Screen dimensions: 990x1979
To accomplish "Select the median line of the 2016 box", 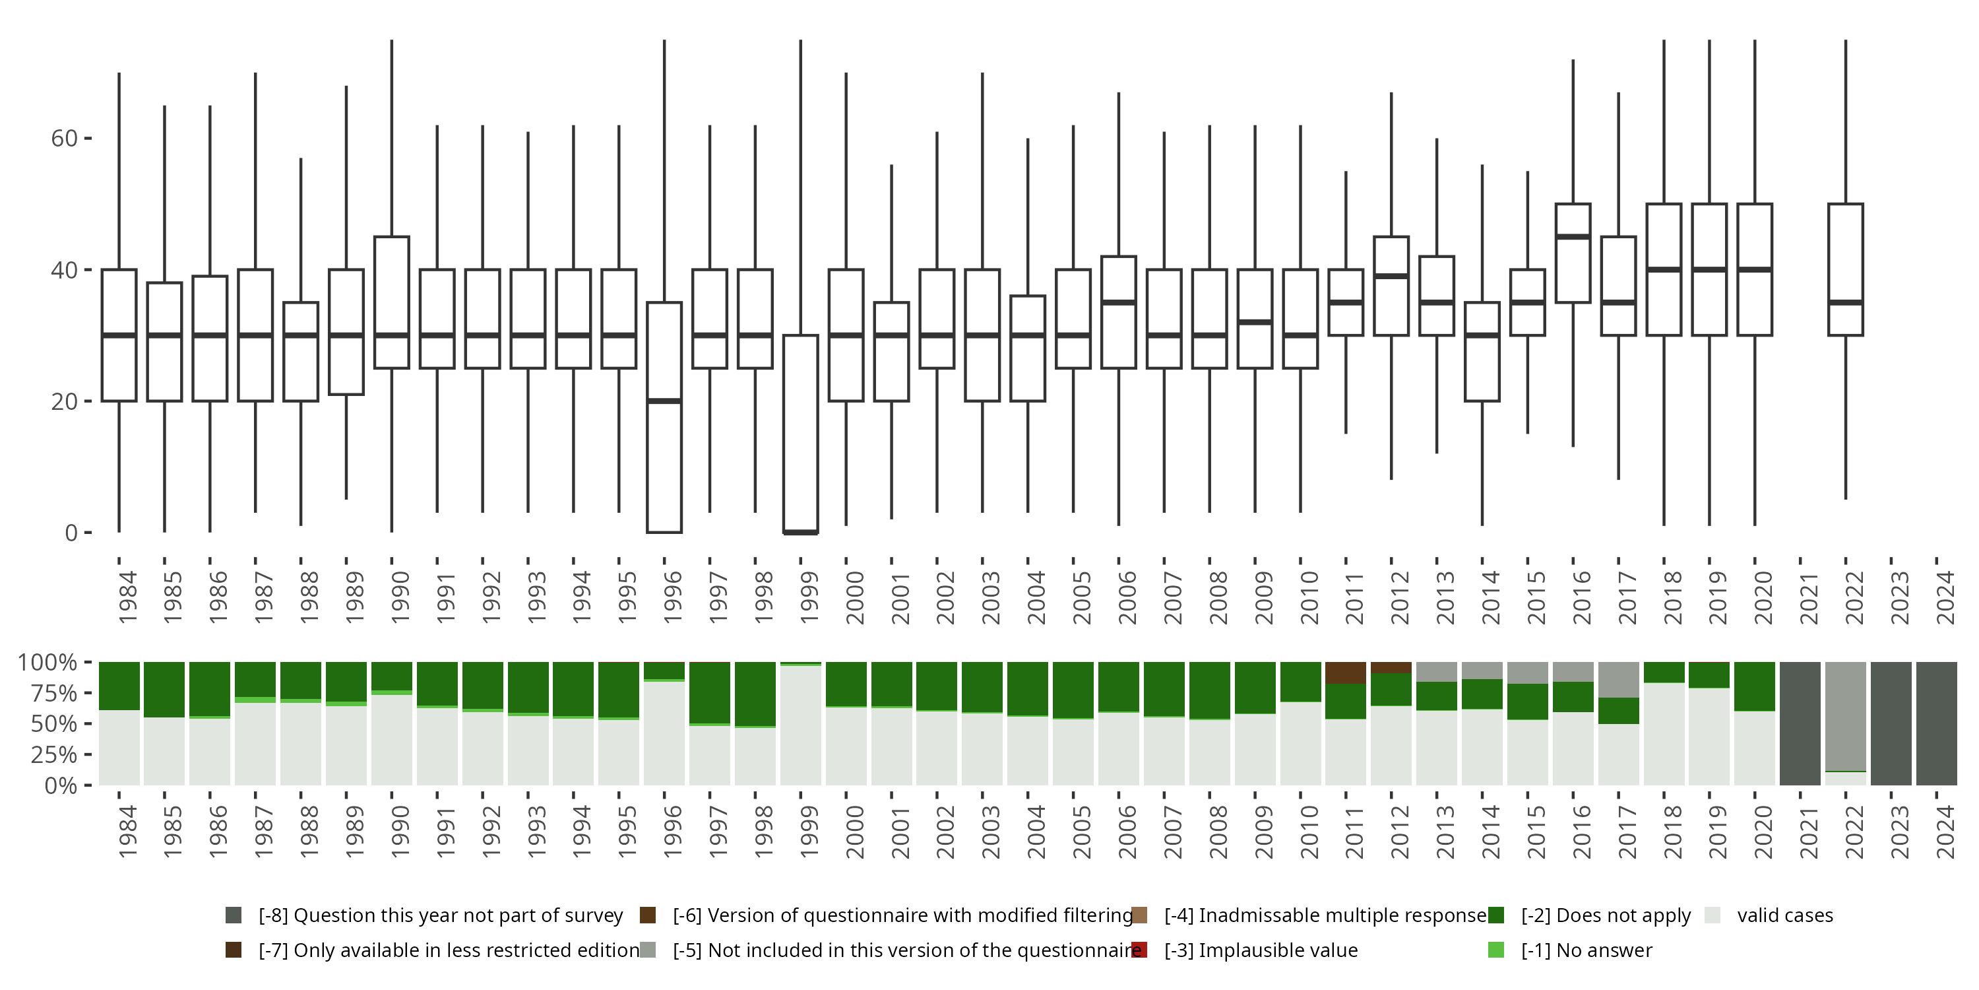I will pyautogui.click(x=1573, y=237).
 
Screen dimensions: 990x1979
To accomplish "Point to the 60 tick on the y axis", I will pyautogui.click(x=65, y=139).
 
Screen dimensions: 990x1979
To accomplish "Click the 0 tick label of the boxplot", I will pyautogui.click(x=71, y=533).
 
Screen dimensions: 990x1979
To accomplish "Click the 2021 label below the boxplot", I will pyautogui.click(x=1809, y=598).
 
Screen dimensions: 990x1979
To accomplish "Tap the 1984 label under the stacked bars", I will pyautogui.click(x=127, y=832).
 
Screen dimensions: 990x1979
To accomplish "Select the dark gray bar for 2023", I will pyautogui.click(x=1891, y=723).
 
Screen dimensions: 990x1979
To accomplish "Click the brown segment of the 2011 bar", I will pyautogui.click(x=1345, y=673).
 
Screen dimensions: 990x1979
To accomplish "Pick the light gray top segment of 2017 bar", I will pyautogui.click(x=1619, y=680).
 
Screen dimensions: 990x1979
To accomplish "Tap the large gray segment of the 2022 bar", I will pyautogui.click(x=1845, y=715).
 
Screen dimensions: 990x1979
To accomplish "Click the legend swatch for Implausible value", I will pyautogui.click(x=1139, y=950).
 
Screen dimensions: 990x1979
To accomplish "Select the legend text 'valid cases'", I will pyautogui.click(x=1784, y=915).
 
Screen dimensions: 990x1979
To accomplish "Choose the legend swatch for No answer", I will pyautogui.click(x=1495, y=950).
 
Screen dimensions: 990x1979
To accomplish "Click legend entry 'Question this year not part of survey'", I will pyautogui.click(x=440, y=915).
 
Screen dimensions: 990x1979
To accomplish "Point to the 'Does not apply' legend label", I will pyautogui.click(x=1606, y=915).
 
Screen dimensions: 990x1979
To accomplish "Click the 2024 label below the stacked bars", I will pyautogui.click(x=1945, y=832).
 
